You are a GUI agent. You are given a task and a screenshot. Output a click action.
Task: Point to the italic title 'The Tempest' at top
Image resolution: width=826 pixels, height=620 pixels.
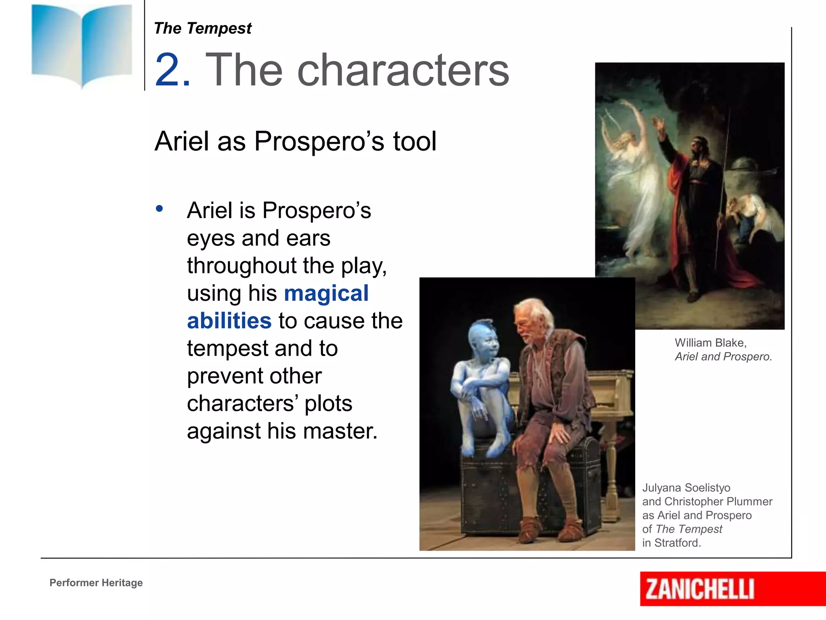[x=202, y=29]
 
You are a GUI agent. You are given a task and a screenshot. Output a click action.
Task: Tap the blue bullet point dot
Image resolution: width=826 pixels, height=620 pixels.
[x=160, y=209]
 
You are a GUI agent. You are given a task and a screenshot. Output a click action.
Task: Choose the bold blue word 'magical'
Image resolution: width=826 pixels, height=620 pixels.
[x=326, y=293]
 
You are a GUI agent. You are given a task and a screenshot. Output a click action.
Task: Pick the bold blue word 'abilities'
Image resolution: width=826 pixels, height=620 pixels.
[x=229, y=321]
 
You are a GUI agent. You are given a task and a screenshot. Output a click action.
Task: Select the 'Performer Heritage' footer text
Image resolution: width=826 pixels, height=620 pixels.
[x=96, y=582]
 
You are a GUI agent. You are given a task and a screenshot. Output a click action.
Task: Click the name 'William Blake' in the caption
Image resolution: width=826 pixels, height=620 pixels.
[x=710, y=343]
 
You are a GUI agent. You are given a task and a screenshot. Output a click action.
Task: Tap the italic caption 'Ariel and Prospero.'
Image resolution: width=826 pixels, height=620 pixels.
[x=723, y=357]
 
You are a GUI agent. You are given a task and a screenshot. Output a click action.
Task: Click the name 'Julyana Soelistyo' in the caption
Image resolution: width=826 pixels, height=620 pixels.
[x=686, y=488]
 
